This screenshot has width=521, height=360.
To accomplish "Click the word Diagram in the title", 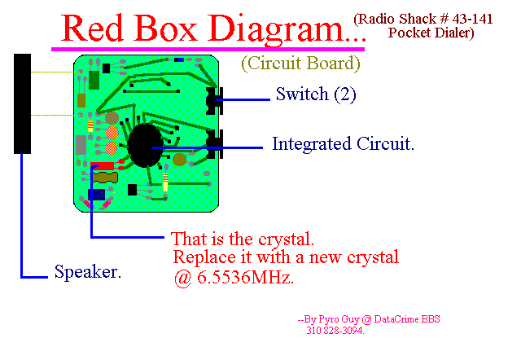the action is pos(276,29).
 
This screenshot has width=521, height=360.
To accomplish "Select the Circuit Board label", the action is pos(300,64).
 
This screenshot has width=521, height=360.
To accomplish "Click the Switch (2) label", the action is pos(316,94).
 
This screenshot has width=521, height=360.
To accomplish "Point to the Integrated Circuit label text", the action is pos(344,144).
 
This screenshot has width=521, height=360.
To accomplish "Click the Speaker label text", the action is pos(88,271).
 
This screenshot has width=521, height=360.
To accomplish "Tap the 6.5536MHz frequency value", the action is pos(245,277).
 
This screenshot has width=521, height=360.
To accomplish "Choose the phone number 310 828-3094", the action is pos(335,331).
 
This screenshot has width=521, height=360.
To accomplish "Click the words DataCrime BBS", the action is pos(407,319).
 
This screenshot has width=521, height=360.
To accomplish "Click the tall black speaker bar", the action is pos(22,103).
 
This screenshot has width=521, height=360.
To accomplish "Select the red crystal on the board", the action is pos(103,165).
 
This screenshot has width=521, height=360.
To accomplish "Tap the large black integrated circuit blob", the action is pos(145,145).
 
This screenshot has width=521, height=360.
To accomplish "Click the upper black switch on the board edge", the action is pos(214,101).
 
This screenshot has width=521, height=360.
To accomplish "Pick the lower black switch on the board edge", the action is pos(214,144).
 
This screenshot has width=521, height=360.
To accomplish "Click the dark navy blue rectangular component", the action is pos(97,195).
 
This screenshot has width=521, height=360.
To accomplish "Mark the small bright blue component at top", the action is pos(180,60).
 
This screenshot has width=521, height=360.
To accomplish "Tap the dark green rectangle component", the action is pos(94,80).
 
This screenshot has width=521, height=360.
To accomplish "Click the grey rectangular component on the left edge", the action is pos(81,145).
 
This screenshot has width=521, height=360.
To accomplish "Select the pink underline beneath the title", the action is pos(208,49).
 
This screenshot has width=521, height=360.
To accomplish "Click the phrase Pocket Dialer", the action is pos(431,33).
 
